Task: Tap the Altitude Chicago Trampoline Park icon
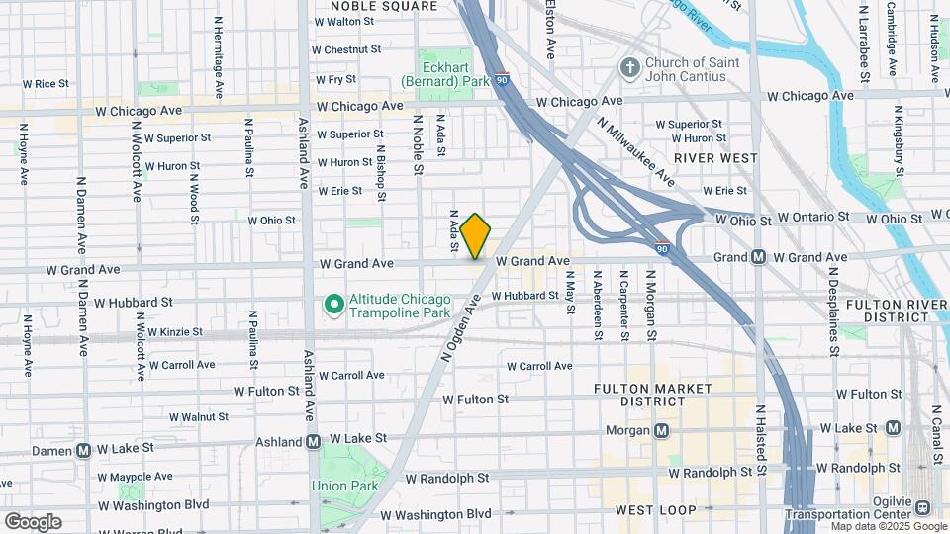point(334,306)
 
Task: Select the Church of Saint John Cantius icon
point(628,67)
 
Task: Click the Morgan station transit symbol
point(661,430)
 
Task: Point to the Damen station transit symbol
point(84,449)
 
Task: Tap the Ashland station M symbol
point(313,442)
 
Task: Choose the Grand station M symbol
point(758,257)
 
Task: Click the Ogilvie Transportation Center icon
point(922,507)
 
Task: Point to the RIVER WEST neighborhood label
point(715,158)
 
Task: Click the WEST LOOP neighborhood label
point(653,510)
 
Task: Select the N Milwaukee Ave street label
point(635,151)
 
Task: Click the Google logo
point(32,521)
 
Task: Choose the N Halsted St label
point(760,435)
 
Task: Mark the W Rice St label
point(51,84)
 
